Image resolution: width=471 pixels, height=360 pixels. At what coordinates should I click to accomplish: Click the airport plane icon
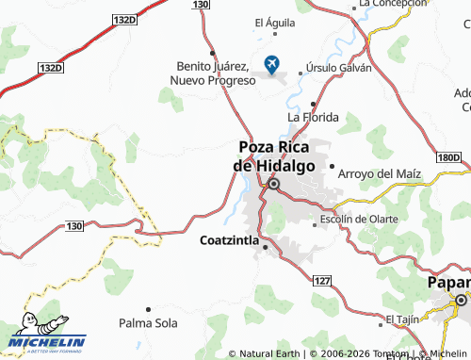273,64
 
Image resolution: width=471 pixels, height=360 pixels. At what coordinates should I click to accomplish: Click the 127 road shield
322,281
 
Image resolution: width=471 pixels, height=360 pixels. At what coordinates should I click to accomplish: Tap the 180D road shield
450,157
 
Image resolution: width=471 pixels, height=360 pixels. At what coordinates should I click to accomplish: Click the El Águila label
274,22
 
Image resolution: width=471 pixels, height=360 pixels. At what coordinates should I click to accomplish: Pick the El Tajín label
401,319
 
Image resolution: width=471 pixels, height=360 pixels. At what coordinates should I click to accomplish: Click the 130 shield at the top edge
199,5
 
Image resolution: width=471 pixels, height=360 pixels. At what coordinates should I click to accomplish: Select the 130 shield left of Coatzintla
75,225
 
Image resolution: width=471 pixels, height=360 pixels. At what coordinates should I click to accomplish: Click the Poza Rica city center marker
273,185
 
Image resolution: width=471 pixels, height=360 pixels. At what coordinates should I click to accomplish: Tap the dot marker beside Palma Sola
148,308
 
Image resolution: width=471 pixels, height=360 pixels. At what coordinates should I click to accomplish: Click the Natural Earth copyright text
265,354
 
